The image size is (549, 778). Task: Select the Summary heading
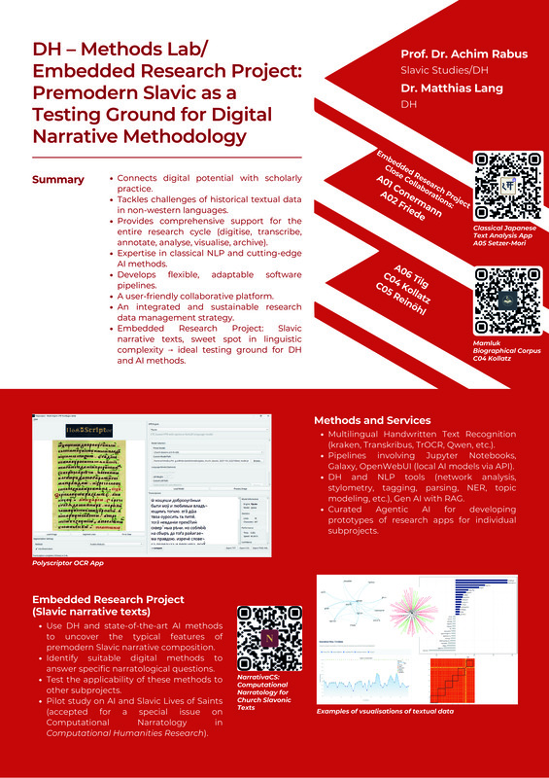click(x=57, y=180)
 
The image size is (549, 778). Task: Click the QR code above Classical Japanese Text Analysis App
click(x=503, y=185)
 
